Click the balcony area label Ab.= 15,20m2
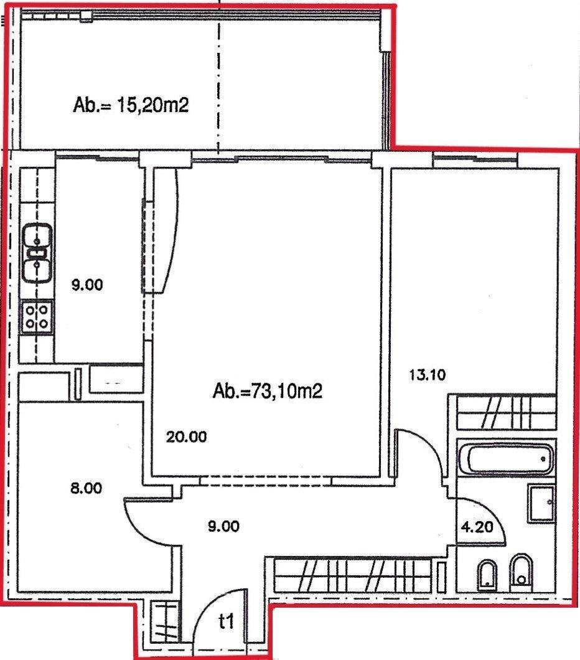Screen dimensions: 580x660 point(131,105)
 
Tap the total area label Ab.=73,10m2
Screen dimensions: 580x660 point(268,392)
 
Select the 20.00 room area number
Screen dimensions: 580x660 point(186,437)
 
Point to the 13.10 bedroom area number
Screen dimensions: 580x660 point(428,374)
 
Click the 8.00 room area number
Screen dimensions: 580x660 point(86,488)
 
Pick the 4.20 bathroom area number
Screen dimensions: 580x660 point(477,527)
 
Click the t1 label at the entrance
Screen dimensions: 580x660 point(227,621)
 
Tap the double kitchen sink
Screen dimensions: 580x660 point(37,253)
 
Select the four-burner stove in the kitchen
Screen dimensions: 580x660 point(37,317)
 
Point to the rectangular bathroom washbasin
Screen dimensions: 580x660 point(541,503)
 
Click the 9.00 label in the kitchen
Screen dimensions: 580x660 point(87,285)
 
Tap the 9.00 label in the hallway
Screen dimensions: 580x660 point(224,526)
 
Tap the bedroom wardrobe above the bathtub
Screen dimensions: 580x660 point(506,413)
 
